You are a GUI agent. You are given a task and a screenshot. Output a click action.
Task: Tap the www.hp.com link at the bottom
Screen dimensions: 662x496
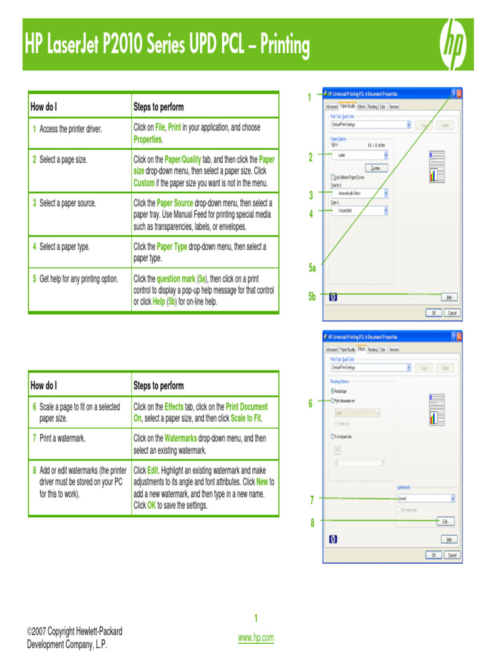256,637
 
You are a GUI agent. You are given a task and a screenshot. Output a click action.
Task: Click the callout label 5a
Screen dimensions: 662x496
313,268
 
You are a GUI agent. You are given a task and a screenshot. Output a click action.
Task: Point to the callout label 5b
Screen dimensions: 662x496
313,297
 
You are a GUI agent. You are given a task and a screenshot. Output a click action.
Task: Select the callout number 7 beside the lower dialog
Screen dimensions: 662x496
312,498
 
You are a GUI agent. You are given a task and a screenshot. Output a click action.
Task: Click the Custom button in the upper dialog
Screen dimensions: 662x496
376,168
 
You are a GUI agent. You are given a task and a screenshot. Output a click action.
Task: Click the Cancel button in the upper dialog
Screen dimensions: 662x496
452,312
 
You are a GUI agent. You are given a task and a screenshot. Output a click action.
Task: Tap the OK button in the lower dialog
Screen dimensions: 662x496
433,555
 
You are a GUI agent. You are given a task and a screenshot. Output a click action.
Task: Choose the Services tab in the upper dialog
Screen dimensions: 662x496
394,106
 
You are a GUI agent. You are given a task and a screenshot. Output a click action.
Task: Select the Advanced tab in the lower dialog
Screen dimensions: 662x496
332,350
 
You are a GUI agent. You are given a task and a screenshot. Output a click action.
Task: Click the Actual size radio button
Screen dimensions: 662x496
333,391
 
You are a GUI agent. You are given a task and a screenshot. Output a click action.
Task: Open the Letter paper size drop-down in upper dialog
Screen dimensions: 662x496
360,155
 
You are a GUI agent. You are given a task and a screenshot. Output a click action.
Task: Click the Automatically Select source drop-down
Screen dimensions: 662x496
360,193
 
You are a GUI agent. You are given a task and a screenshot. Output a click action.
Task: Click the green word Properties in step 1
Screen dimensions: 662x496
148,140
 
